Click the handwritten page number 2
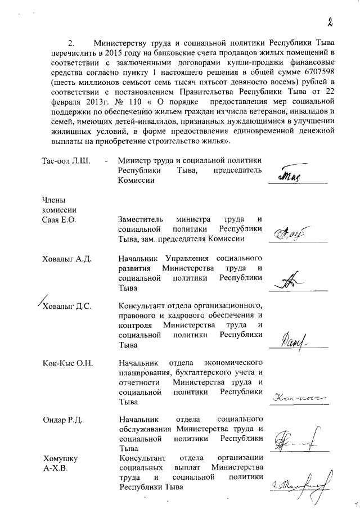click(x=332, y=22)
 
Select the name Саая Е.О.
click(x=59, y=219)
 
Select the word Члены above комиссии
click(x=54, y=200)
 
